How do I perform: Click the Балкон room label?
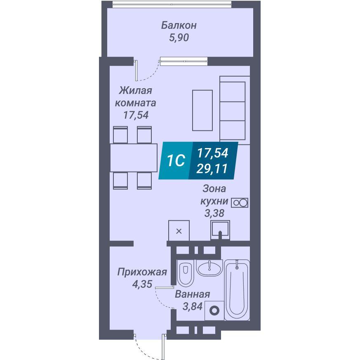coord(179,25)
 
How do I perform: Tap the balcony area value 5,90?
coord(179,38)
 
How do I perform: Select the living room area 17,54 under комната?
coord(136,115)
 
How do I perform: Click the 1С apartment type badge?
coord(176,160)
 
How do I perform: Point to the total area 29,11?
coord(212,169)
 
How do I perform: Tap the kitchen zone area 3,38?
coord(214,213)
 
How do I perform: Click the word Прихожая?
coord(142,272)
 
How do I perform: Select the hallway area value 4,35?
coord(142,284)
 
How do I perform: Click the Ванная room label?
coord(193,294)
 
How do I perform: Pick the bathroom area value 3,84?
coord(193,306)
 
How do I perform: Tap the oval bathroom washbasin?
coord(209,268)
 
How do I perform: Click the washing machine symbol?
coord(214,311)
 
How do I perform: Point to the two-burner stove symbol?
coord(240,203)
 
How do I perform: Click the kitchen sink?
coord(220,230)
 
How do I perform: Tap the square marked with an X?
coord(179,231)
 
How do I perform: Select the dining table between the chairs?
coord(134,158)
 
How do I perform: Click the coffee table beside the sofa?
coord(202,111)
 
